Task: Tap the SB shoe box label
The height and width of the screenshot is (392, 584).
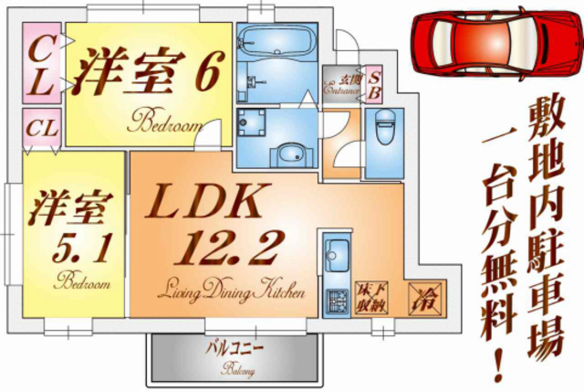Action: (375, 85)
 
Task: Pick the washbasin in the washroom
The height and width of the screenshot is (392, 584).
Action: (292, 153)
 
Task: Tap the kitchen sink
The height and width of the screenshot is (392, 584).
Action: (337, 249)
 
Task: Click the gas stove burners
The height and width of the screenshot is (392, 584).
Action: (336, 300)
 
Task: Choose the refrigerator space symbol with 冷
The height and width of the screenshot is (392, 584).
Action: (426, 295)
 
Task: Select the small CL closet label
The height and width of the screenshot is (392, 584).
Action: (39, 128)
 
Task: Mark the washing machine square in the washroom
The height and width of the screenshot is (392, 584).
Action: (252, 123)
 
